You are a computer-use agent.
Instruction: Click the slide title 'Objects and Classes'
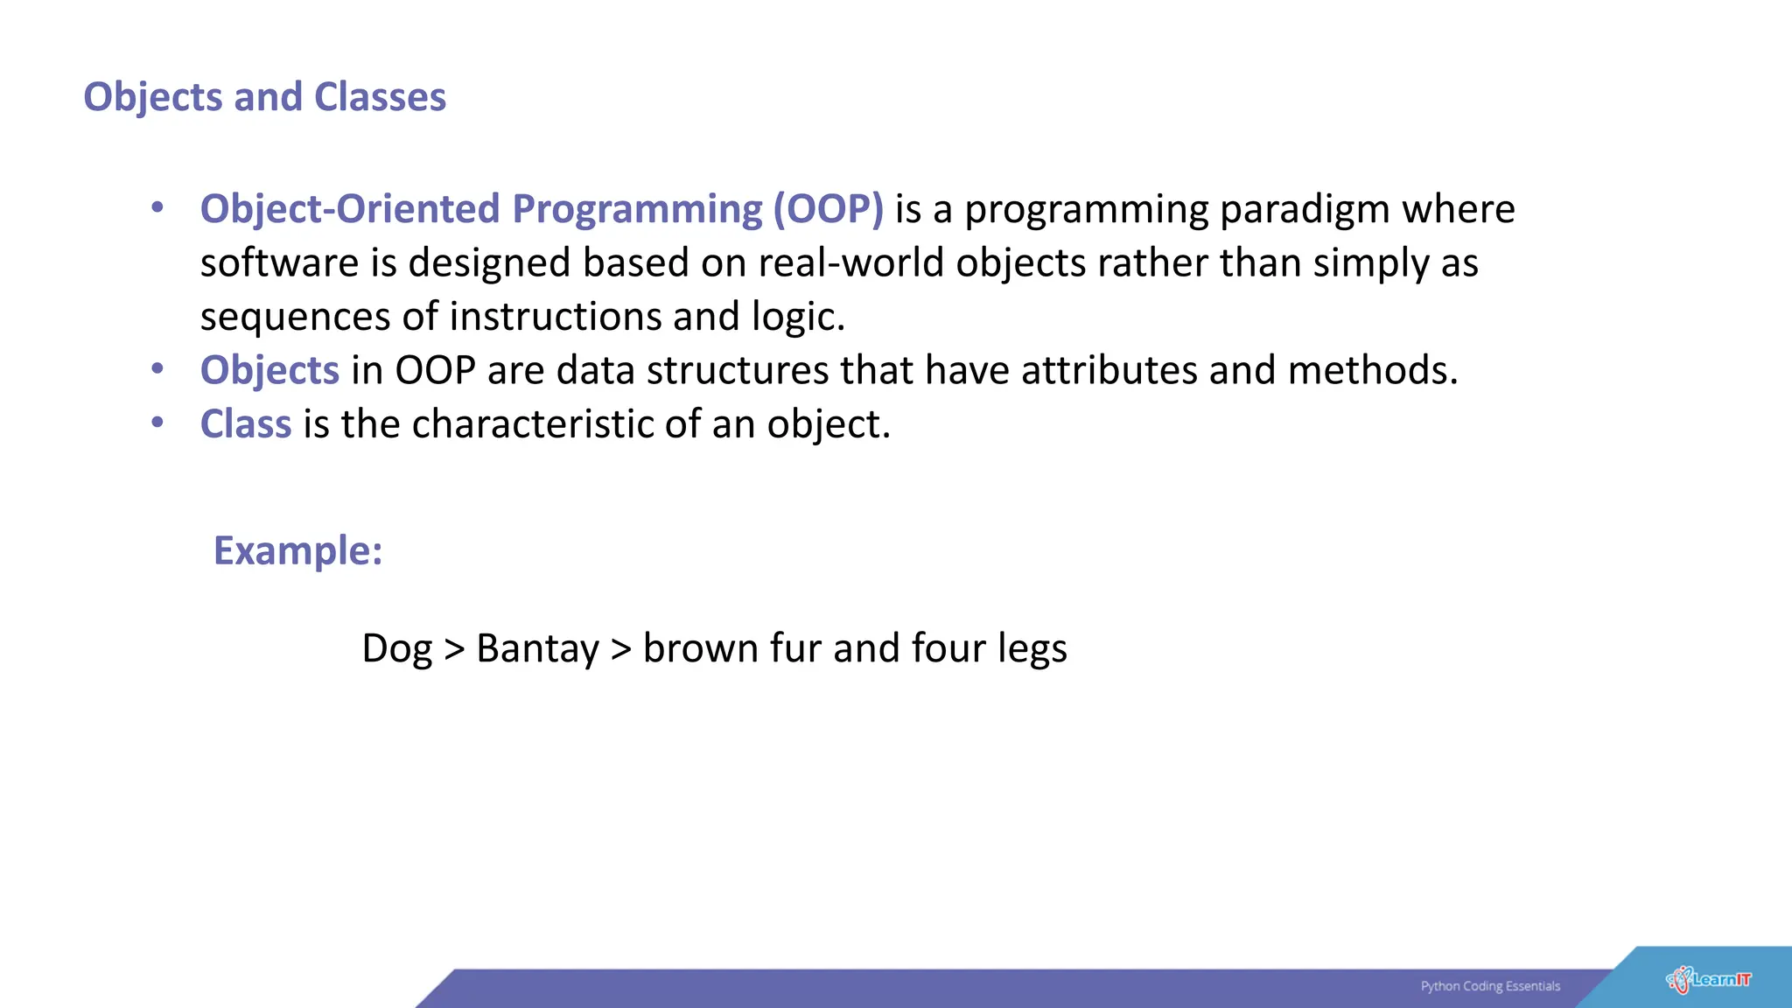264,97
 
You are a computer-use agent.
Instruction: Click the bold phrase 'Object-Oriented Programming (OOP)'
542,209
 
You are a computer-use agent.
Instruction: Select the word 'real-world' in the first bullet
850,263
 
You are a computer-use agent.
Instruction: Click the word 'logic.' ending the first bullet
798,317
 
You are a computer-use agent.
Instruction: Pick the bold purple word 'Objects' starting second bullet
269,371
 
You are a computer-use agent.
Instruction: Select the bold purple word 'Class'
245,424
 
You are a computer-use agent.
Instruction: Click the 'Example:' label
298,551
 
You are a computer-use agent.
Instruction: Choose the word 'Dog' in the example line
397,649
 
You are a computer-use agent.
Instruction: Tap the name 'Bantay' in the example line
537,649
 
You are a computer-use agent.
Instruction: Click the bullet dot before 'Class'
157,423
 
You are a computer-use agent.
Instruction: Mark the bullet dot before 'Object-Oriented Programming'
157,207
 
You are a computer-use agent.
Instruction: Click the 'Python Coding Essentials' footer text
1490,986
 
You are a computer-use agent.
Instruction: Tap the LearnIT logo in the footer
1708,980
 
